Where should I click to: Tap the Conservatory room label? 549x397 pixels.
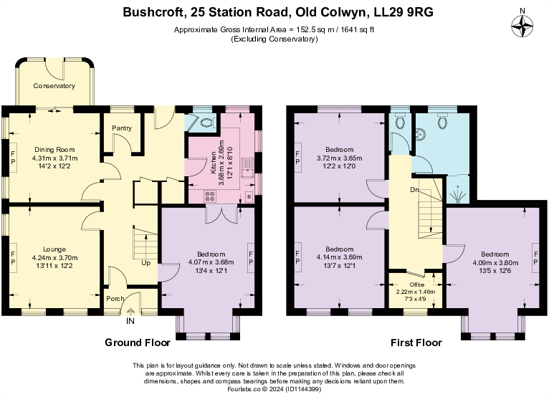click(x=54, y=86)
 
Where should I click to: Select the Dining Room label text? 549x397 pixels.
click(x=54, y=150)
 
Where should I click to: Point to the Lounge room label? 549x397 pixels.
click(x=54, y=250)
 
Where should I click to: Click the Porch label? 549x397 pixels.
click(x=115, y=300)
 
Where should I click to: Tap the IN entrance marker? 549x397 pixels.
click(x=130, y=321)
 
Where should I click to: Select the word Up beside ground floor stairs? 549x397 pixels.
click(x=145, y=263)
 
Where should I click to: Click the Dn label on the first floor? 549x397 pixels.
click(x=414, y=190)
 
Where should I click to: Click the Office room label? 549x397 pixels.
click(x=416, y=284)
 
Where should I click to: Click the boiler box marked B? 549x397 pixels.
click(x=249, y=196)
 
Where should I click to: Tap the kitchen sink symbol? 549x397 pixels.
click(x=247, y=169)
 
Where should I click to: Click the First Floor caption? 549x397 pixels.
click(x=416, y=342)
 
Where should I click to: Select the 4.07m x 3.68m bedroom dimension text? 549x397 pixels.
click(x=206, y=262)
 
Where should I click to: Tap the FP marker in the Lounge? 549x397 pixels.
click(x=12, y=254)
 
